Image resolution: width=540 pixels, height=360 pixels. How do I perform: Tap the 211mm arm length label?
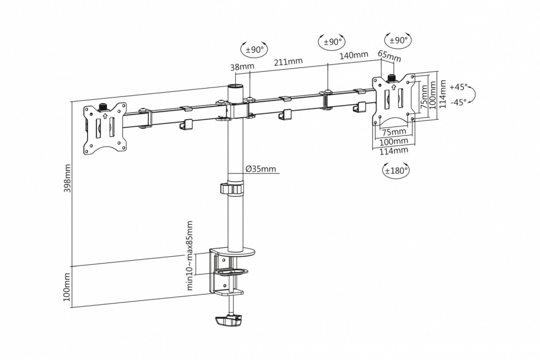coord(288,62)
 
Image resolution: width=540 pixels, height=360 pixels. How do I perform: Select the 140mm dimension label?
coord(354,55)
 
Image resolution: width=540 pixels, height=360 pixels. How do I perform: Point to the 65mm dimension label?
coord(390,56)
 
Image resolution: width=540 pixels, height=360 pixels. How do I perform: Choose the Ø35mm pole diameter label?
coord(261,169)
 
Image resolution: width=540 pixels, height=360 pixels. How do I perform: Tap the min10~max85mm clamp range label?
coord(189,256)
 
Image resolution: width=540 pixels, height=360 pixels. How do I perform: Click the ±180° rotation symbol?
coord(396,170)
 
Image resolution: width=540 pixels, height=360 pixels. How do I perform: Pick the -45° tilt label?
coord(459,102)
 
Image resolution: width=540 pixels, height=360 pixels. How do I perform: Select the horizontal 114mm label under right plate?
coord(393,151)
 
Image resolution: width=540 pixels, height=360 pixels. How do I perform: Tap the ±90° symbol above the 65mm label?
coord(398,41)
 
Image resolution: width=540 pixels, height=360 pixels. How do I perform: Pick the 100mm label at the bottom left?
coord(67,287)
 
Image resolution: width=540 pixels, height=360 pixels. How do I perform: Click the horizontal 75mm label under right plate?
coord(393,132)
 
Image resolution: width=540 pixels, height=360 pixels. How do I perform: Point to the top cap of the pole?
coord(236,85)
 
